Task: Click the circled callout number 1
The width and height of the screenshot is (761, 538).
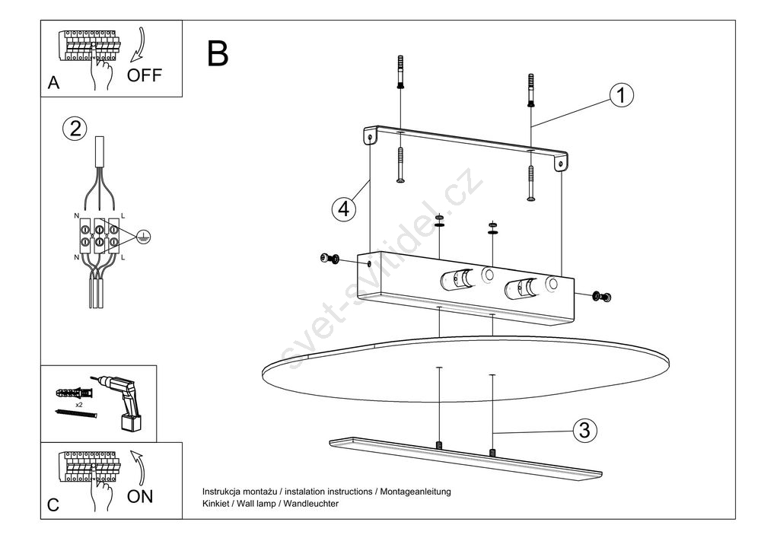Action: click(621, 96)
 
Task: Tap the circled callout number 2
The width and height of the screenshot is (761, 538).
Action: click(74, 128)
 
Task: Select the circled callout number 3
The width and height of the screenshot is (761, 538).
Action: click(584, 430)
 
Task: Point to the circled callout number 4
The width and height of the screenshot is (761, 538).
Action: click(344, 208)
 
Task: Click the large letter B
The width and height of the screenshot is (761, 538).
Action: click(217, 53)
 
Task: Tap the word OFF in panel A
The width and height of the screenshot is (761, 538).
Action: click(145, 75)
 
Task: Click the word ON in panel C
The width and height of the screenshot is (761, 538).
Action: click(140, 497)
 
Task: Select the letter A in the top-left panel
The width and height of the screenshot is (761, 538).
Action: click(53, 84)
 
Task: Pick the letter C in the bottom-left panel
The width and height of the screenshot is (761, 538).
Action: click(53, 505)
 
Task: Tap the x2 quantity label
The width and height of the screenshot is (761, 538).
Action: click(78, 405)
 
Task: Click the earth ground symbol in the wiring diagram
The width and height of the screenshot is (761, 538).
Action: click(142, 237)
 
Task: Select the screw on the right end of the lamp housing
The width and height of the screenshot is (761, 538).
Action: click(603, 295)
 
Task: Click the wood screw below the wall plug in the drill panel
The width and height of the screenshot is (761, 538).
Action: click(77, 414)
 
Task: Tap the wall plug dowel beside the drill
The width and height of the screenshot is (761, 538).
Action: click(73, 393)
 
